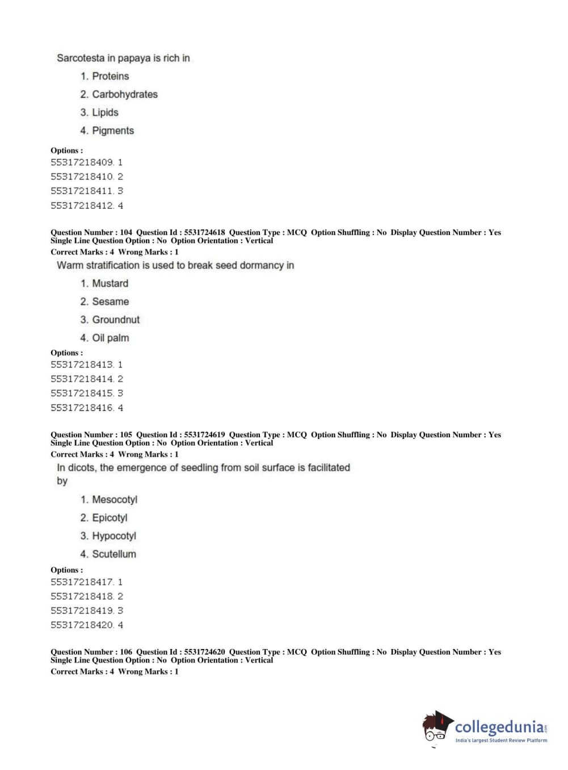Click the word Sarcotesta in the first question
(81, 58)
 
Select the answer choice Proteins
(110, 76)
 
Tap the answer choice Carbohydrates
(124, 94)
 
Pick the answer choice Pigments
(113, 131)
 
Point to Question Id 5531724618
(204, 232)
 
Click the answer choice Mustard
(110, 283)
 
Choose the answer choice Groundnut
(116, 320)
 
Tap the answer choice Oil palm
(111, 338)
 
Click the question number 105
(126, 435)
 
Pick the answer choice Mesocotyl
(115, 500)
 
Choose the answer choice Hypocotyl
(114, 536)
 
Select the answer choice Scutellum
(114, 554)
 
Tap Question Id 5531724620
(204, 652)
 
